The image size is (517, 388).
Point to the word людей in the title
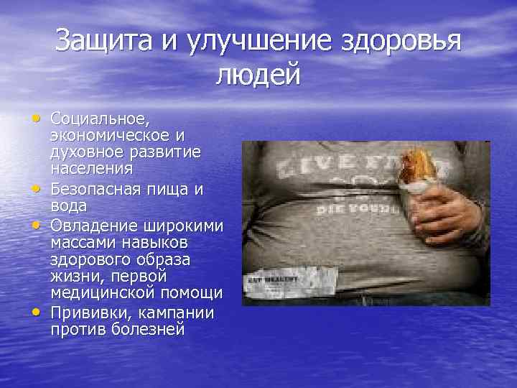click(257, 74)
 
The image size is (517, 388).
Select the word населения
click(91, 170)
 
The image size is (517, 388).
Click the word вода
click(67, 205)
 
